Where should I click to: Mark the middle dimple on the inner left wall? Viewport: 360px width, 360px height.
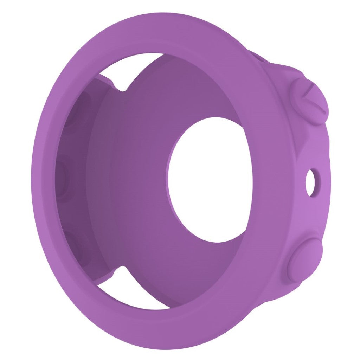[x=63, y=176]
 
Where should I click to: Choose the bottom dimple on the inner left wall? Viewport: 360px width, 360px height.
[x=72, y=243]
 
